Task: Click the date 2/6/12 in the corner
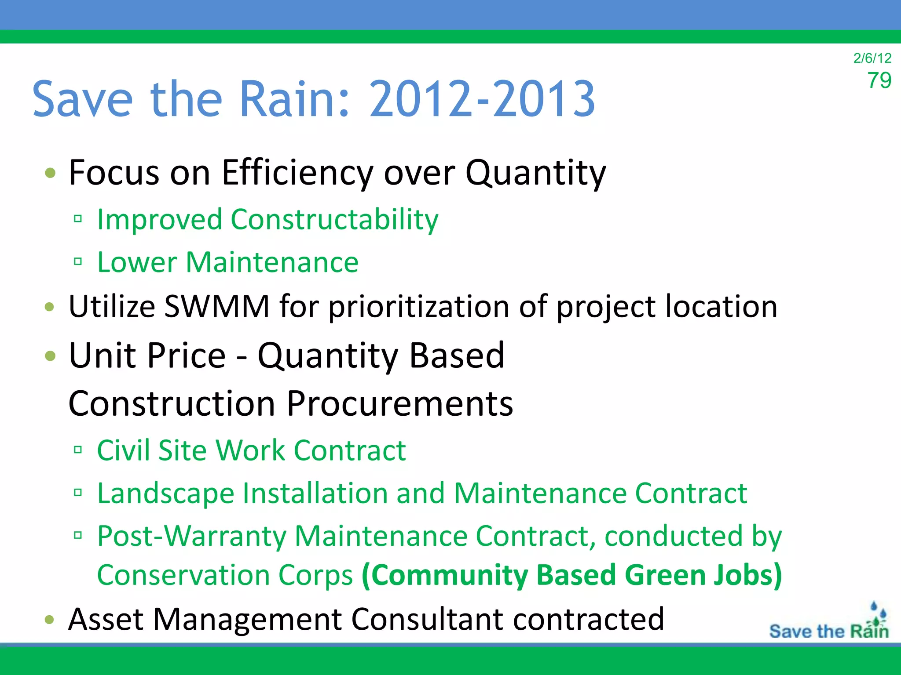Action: pos(872,58)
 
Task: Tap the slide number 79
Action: pos(879,80)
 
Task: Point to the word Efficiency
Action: pos(297,173)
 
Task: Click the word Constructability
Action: pos(334,219)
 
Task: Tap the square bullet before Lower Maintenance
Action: pos(78,261)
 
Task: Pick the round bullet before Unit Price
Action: pos(50,355)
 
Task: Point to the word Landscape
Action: pos(165,494)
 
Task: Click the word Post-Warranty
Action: pos(192,537)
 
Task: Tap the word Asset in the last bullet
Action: pos(106,619)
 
